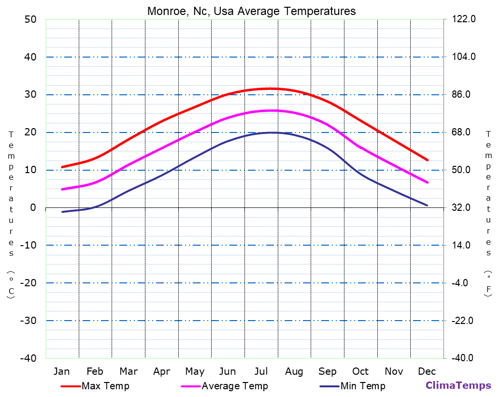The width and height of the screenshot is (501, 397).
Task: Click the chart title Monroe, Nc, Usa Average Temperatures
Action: click(x=251, y=11)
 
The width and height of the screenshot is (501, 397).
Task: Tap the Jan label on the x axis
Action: click(x=61, y=371)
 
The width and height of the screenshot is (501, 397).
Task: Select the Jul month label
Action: click(x=261, y=371)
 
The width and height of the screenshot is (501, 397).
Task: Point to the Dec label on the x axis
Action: click(x=427, y=371)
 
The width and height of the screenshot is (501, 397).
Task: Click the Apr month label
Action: click(x=161, y=371)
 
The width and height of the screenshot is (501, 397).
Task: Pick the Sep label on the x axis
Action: click(x=327, y=371)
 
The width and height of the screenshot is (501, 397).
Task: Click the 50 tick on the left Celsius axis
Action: click(x=30, y=19)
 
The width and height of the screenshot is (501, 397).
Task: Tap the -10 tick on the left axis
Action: click(x=28, y=245)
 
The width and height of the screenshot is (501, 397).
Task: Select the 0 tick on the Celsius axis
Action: click(x=33, y=207)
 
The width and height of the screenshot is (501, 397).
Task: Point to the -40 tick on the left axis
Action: click(x=28, y=358)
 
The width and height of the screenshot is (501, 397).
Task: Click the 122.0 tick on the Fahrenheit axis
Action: click(x=464, y=19)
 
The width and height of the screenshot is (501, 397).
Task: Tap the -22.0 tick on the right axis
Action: click(x=462, y=321)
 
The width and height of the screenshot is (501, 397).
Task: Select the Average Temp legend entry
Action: click(x=234, y=386)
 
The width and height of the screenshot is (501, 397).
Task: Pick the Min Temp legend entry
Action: click(x=362, y=386)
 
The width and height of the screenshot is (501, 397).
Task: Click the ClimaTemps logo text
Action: click(x=458, y=385)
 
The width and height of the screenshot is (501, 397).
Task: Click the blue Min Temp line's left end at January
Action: click(x=62, y=212)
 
